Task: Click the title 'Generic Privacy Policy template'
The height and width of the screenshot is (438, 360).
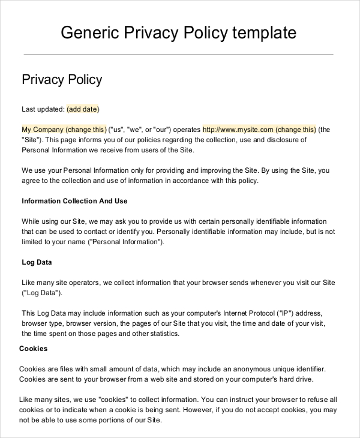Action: point(179,32)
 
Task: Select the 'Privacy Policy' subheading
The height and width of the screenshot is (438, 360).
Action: point(62,80)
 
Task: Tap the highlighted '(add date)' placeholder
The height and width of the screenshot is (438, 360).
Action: point(83,109)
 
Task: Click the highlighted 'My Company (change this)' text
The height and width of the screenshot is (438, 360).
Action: point(64,129)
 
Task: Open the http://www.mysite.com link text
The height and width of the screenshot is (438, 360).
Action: point(238,129)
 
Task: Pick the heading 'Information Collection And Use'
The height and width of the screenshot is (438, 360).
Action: point(74,201)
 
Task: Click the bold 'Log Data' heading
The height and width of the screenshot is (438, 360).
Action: point(37,262)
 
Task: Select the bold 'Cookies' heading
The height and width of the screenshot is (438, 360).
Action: point(34,349)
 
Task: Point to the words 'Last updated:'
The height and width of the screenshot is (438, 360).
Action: point(43,109)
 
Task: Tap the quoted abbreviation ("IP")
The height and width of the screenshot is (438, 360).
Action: point(284,313)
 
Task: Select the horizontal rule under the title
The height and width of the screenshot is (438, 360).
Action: point(178,55)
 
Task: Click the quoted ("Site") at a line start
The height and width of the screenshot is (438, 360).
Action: point(31,139)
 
